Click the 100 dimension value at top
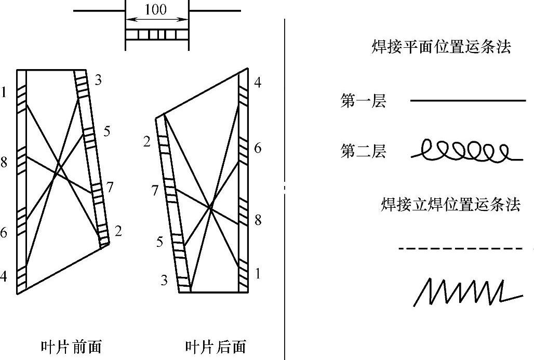click(x=156, y=10)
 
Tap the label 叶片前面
click(x=72, y=347)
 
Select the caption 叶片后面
click(x=216, y=347)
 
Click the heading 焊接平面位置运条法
click(x=442, y=47)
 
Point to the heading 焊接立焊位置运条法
click(x=450, y=204)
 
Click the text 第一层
click(x=363, y=101)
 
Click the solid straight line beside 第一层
click(x=468, y=100)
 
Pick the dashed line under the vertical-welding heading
click(x=461, y=249)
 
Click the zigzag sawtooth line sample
click(x=467, y=293)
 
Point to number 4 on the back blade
click(x=257, y=83)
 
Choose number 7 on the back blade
click(x=155, y=191)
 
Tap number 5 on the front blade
click(x=106, y=131)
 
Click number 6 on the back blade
click(x=257, y=149)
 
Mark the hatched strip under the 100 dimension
click(x=156, y=35)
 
